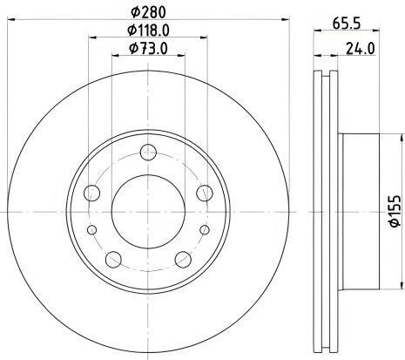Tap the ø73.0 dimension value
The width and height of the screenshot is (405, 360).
pyautogui.click(x=147, y=50)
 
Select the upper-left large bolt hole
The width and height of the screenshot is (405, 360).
pyautogui.click(x=94, y=193)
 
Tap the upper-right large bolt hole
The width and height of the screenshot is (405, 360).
pyautogui.click(x=204, y=193)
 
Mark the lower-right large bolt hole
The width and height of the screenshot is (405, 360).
pyautogui.click(x=182, y=259)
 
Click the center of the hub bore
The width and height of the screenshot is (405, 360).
pyautogui.click(x=148, y=211)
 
